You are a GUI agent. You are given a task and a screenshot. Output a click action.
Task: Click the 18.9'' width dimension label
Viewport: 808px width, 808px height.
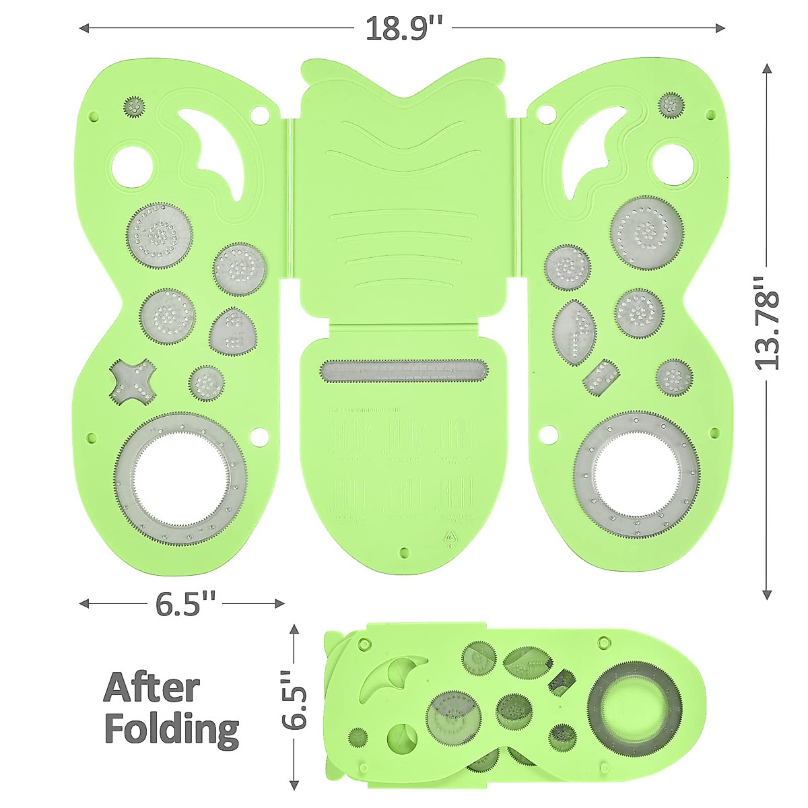pyautogui.click(x=403, y=28)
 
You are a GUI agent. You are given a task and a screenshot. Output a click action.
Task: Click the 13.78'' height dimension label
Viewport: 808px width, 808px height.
pyautogui.click(x=767, y=323)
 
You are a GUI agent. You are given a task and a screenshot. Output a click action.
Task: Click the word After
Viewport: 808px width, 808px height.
pyautogui.click(x=151, y=688)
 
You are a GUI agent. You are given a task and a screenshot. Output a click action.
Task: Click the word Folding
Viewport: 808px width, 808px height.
pyautogui.click(x=172, y=729)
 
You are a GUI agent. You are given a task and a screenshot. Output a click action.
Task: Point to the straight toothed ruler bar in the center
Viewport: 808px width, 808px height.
pyautogui.click(x=403, y=371)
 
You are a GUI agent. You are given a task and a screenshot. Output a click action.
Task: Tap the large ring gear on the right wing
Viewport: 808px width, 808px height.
pyautogui.click(x=636, y=475)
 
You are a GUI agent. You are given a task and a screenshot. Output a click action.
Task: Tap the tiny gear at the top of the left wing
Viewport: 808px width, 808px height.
pyautogui.click(x=135, y=106)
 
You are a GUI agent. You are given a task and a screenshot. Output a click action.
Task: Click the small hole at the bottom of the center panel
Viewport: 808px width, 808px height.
pyautogui.click(x=404, y=553)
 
